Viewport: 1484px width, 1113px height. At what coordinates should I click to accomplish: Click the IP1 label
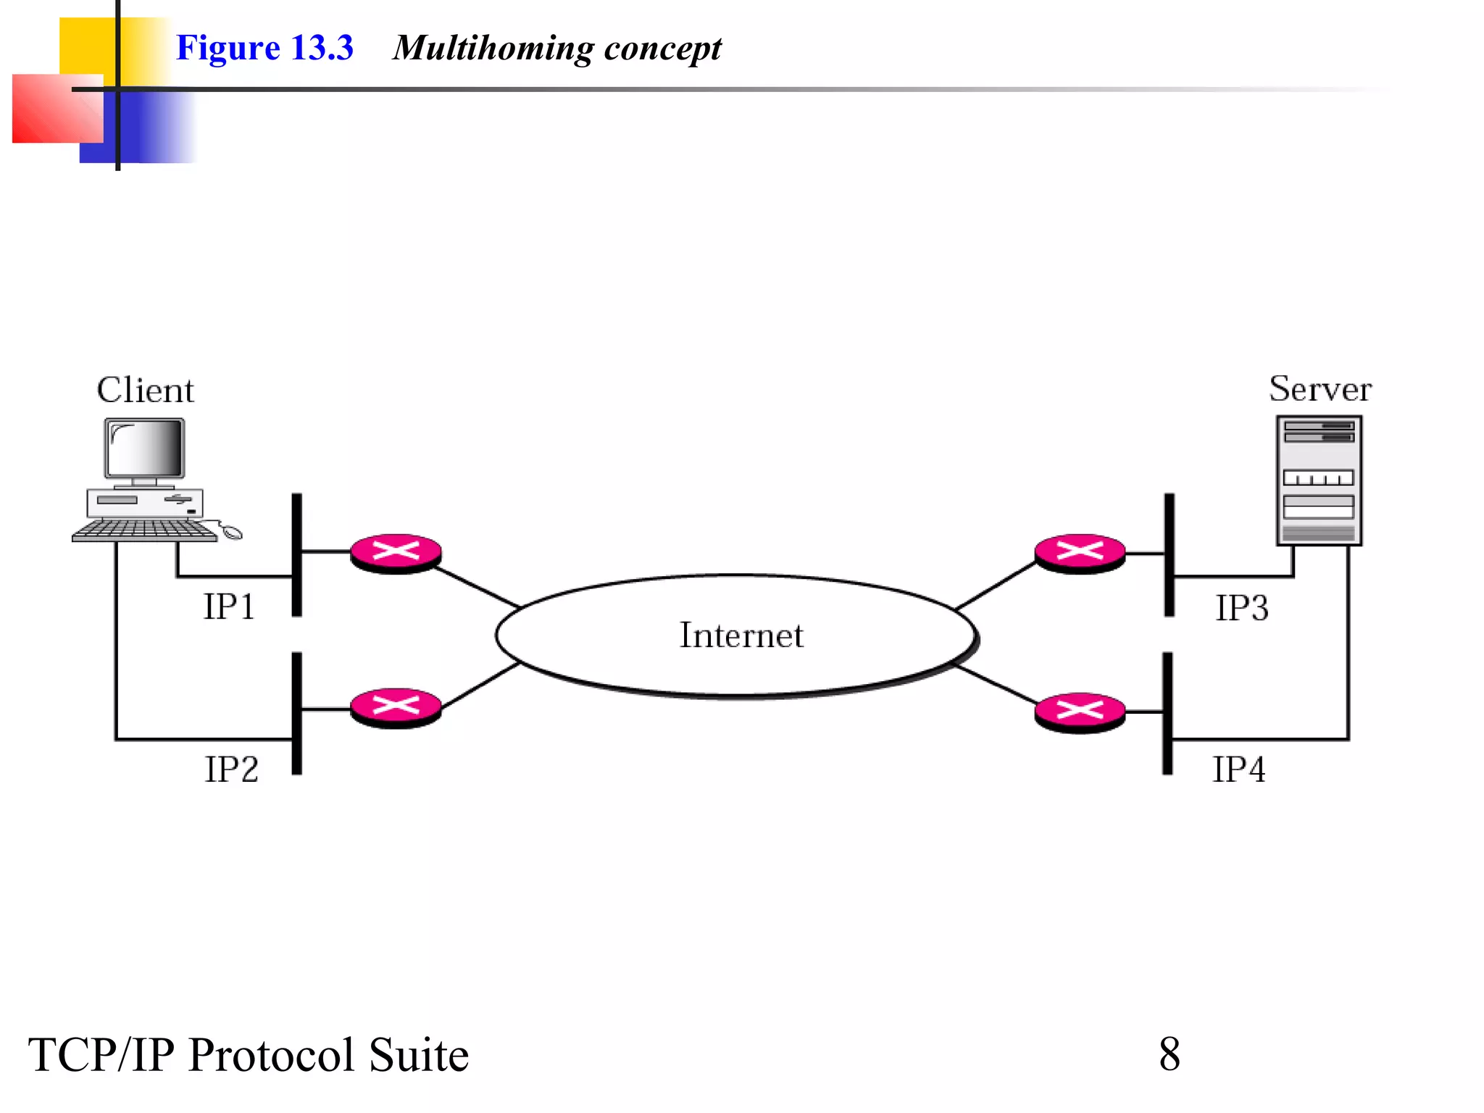(229, 606)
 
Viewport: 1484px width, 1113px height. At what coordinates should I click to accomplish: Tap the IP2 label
(231, 769)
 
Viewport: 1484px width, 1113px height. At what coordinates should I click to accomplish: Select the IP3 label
(1241, 608)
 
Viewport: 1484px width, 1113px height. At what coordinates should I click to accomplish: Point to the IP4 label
(1238, 769)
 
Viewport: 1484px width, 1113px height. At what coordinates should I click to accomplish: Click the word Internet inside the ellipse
(741, 635)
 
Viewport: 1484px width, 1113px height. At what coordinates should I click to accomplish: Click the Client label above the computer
(145, 391)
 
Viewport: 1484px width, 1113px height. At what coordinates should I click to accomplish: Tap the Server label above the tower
(1320, 389)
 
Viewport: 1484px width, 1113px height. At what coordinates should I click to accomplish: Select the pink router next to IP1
(396, 553)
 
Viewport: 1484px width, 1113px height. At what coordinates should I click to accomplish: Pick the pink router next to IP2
(396, 707)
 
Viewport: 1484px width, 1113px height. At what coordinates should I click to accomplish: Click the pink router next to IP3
(1080, 553)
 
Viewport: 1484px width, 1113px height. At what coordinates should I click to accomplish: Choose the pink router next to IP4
(1080, 712)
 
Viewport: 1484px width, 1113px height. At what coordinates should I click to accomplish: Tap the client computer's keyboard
(145, 530)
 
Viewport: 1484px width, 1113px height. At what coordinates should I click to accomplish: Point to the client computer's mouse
(232, 533)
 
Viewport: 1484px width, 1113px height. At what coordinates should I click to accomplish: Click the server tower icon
(1319, 480)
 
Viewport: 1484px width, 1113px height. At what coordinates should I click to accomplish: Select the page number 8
(1169, 1054)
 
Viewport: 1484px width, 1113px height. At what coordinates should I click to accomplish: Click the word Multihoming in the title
(493, 49)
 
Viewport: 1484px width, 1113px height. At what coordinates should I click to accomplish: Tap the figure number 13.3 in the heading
(322, 48)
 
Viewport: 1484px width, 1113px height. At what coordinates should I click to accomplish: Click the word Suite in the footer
(418, 1055)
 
